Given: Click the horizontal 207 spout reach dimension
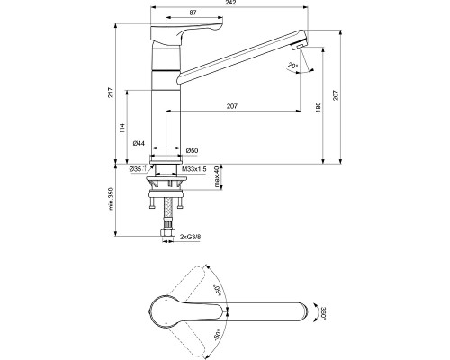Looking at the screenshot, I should (232, 108).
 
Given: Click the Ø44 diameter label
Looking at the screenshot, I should (139, 144).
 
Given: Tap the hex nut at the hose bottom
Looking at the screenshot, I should (168, 235).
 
